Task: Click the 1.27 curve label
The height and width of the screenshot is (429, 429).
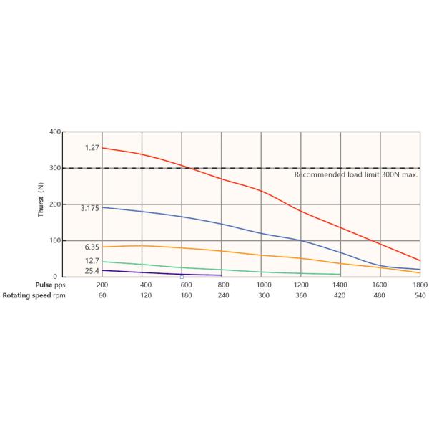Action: [92, 148]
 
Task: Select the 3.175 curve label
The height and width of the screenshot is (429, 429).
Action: [89, 207]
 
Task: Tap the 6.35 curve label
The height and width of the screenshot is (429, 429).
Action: [92, 247]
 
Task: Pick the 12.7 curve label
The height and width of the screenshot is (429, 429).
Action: [92, 261]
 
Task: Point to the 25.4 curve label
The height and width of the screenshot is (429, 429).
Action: [92, 271]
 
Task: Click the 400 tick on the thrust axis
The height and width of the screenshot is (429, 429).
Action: [54, 132]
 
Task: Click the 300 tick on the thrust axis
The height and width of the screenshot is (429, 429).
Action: [54, 168]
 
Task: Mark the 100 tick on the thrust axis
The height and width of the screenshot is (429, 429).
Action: [54, 240]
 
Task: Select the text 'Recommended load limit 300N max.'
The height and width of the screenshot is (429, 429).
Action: [356, 174]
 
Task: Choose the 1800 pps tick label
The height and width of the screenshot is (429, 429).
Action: [420, 285]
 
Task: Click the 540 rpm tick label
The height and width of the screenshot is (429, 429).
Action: [420, 295]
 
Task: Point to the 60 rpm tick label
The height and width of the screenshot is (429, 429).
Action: [103, 295]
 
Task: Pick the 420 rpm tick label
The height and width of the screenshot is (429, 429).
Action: [340, 295]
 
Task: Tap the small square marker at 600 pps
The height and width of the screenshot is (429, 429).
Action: [182, 276]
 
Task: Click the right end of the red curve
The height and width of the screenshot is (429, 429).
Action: [420, 260]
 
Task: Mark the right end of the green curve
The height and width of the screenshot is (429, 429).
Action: [340, 275]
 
